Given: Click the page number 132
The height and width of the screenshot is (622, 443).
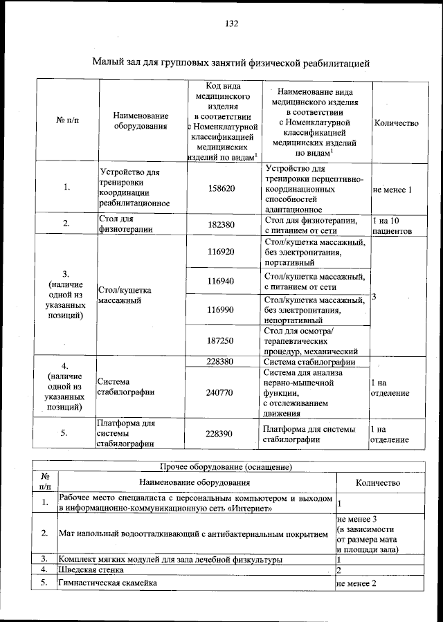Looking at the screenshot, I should click(231, 24).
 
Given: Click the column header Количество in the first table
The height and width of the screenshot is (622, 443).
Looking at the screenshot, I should click(396, 122).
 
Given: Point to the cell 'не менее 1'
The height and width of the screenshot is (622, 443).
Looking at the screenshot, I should click(392, 189).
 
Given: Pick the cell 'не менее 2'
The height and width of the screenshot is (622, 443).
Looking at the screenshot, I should click(356, 583).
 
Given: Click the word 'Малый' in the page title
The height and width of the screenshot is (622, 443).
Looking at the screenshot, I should click(107, 64).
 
